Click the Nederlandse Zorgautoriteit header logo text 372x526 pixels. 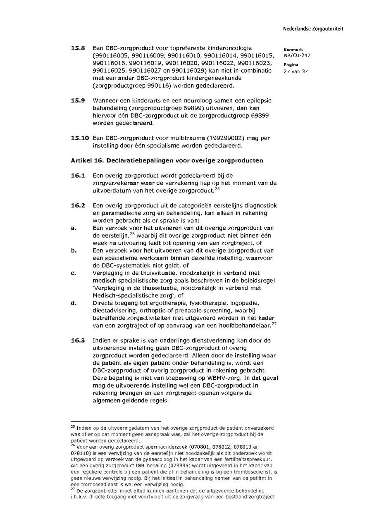point(313,29)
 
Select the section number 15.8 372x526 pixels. point(78,48)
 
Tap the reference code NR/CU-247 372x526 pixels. point(297,55)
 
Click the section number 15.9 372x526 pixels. point(78,100)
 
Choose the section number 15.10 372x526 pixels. point(80,138)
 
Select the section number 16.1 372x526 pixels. point(78,176)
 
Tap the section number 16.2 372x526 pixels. point(78,205)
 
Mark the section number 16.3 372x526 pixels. point(78,340)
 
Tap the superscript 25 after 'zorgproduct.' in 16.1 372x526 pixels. point(217,189)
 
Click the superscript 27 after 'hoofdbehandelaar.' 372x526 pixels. point(274,324)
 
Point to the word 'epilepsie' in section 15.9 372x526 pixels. point(258,100)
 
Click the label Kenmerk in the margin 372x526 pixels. point(293,50)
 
